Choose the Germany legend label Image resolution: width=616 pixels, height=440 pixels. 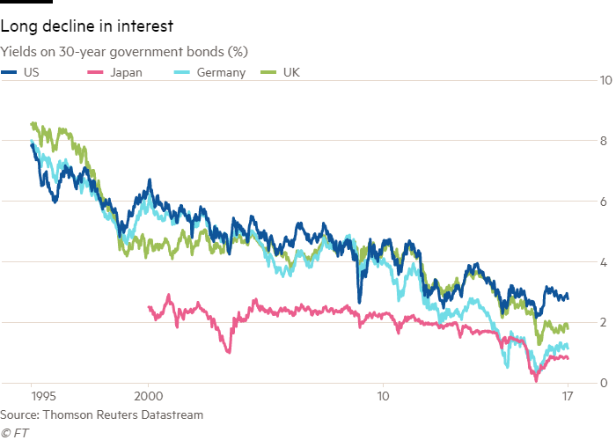tap(225, 72)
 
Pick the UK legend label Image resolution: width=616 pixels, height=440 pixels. tap(292, 72)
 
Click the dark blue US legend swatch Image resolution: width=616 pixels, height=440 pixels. tap(11, 72)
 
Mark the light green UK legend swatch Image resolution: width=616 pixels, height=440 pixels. tap(273, 72)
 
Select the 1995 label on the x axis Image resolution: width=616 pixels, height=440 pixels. tap(32, 396)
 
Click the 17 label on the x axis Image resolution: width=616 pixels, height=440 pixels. tap(568, 396)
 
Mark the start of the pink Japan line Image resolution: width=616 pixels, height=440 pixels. tap(148, 306)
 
